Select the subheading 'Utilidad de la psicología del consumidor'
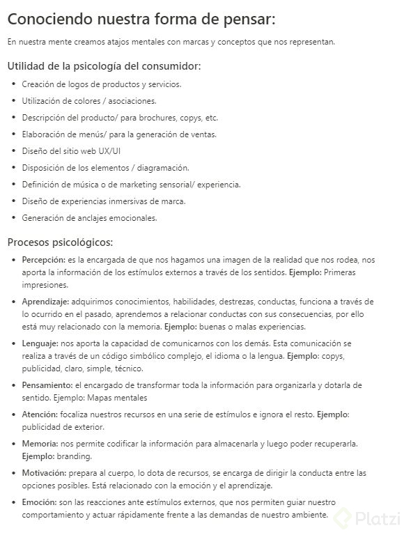(x=104, y=66)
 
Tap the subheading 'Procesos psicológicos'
(x=60, y=242)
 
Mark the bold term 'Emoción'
(x=39, y=502)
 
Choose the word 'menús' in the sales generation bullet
(x=86, y=134)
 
